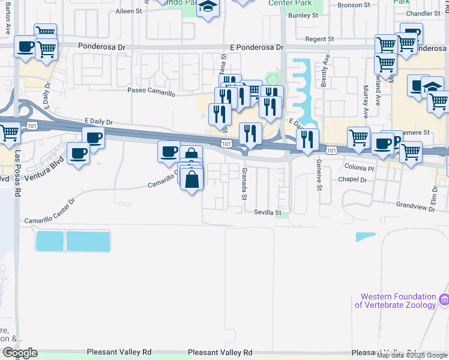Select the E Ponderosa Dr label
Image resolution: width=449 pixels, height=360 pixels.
[x=256, y=47]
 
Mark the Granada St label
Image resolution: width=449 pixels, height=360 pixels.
[x=244, y=184]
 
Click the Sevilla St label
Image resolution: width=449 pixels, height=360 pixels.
[x=267, y=212]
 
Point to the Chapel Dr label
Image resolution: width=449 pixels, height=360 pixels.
[x=352, y=179]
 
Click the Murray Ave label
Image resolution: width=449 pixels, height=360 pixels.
[x=366, y=100]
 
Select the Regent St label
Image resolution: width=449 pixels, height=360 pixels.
[x=319, y=39]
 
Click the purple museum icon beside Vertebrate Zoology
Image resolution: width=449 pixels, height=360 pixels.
[x=444, y=299]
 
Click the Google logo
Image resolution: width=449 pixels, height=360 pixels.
[x=20, y=353]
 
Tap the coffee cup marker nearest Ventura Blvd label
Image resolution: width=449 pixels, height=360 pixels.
[x=78, y=153]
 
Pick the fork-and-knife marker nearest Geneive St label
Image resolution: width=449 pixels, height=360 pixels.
[x=308, y=139]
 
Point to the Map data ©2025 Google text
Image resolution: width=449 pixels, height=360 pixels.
[x=412, y=355]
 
